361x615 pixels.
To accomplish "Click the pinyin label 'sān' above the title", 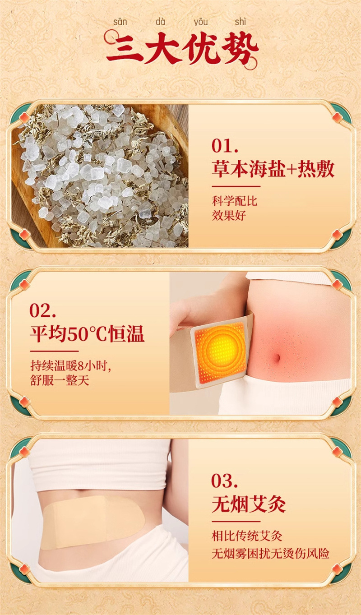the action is point(120,22).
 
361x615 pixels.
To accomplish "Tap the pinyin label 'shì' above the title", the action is point(240,22).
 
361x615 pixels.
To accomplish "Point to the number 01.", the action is point(225,146).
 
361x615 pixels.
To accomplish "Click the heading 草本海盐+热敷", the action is point(273,169).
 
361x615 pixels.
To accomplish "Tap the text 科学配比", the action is point(235,201).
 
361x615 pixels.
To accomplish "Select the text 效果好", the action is point(229,215).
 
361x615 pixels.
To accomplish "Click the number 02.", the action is point(42,310).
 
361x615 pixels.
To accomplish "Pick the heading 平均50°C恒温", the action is point(87,334).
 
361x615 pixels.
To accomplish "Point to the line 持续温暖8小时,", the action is point(70,366).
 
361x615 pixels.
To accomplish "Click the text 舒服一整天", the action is point(60,380).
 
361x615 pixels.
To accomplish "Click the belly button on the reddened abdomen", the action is point(277,358).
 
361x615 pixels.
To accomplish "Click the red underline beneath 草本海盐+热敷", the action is point(236,186).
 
